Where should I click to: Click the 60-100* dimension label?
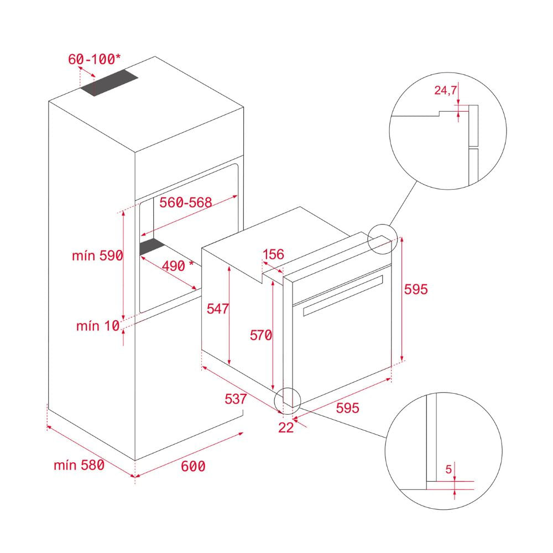(x=94, y=59)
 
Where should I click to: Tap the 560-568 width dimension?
(x=185, y=202)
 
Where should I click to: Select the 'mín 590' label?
(x=97, y=255)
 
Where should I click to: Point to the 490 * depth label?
(x=178, y=265)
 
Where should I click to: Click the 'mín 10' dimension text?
(x=98, y=326)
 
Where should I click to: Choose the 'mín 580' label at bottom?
(x=79, y=465)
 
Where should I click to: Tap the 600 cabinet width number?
(x=193, y=466)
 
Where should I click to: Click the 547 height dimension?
(x=217, y=309)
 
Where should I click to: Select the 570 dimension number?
(x=261, y=335)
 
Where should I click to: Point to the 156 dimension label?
(x=273, y=254)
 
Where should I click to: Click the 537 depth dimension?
(x=236, y=399)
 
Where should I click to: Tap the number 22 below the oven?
(x=286, y=427)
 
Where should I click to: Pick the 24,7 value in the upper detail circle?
(x=445, y=90)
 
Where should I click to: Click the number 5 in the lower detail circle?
(x=448, y=469)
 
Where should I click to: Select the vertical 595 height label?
(x=416, y=289)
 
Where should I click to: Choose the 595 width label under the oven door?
(x=347, y=408)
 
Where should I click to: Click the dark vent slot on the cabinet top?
(x=109, y=82)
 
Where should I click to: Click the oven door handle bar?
(x=343, y=295)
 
